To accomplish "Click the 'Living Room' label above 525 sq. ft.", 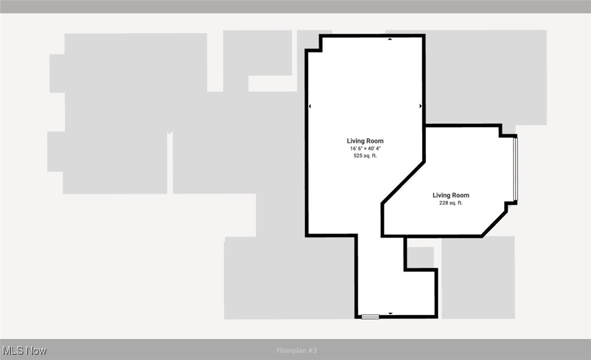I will pos(365,141).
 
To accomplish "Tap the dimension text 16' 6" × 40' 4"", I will pos(365,148).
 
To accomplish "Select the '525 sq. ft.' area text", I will pos(365,156).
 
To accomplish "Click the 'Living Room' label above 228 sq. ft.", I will pos(451,196).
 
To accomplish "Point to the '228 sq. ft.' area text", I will pos(451,203).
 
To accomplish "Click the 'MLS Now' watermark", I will pos(24,350).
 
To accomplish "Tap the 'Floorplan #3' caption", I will pos(297,351).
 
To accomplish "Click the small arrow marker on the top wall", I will pos(390,39).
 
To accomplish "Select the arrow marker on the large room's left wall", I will pos(310,106).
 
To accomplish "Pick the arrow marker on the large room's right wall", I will pos(420,106).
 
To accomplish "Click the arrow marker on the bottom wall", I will pos(390,313).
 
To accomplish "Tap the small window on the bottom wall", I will pos(370,316).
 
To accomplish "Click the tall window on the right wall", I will pos(516,169).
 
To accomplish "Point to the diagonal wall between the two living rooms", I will pos(404,182).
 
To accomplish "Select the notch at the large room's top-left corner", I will pos(313,43).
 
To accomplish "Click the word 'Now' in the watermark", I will pos(36,350).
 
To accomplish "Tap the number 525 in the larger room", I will pos(358,156).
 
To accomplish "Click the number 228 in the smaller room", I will pos(444,203).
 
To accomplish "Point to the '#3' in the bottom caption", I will pos(312,351).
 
